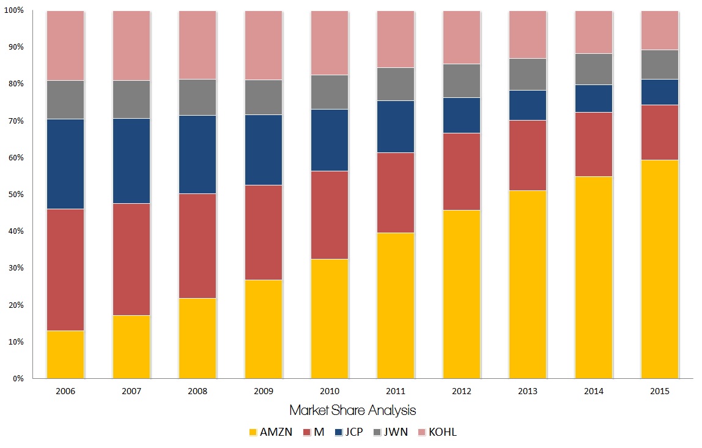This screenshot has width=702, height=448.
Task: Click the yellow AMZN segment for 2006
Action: [x=65, y=354]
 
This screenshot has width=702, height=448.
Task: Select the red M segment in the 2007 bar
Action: [x=131, y=259]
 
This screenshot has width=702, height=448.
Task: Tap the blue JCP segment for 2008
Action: [x=198, y=154]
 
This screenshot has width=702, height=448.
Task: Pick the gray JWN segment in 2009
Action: [x=264, y=97]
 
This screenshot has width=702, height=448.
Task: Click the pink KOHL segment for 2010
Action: [x=330, y=43]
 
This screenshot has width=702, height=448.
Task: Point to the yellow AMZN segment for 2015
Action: [x=660, y=269]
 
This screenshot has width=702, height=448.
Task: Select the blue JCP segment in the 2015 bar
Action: [x=660, y=92]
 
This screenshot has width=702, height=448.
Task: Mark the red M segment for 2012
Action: [x=462, y=171]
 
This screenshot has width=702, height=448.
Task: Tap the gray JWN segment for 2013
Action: [x=528, y=74]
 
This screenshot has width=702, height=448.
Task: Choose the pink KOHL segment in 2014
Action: [x=594, y=32]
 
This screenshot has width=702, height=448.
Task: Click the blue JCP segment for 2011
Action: [x=396, y=126]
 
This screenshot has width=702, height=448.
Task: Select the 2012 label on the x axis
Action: [x=462, y=391]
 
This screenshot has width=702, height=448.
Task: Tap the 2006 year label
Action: [x=65, y=391]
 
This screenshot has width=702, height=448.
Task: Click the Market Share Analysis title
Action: [x=352, y=410]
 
